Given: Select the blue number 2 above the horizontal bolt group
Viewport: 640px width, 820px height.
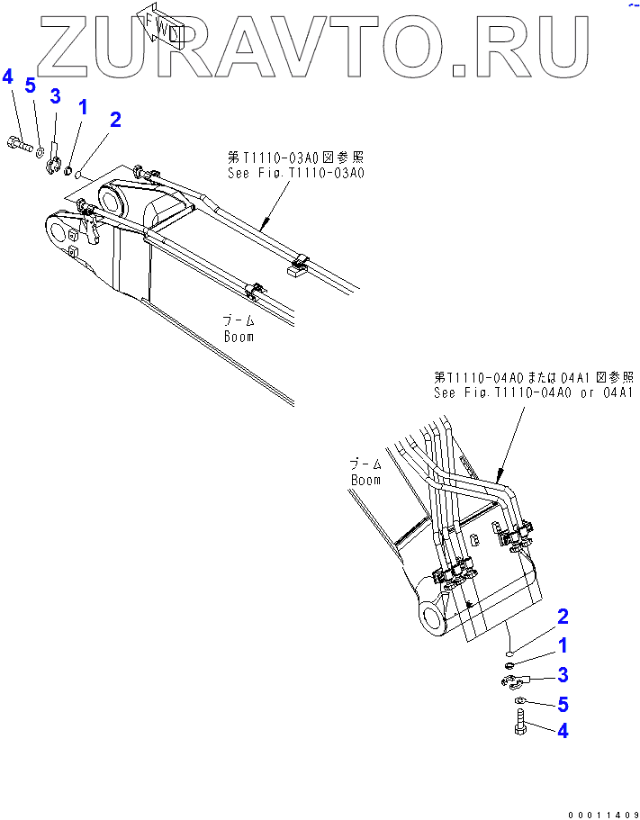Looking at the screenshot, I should (115, 120).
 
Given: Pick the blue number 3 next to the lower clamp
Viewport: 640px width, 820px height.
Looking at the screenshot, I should (563, 674).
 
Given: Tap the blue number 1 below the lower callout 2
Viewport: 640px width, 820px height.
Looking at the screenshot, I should (563, 645).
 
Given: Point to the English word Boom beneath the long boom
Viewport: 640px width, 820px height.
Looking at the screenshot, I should (239, 337).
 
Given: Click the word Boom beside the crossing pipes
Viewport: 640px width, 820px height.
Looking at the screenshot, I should (365, 480).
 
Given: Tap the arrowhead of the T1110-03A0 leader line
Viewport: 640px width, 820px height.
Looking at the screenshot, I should (264, 229).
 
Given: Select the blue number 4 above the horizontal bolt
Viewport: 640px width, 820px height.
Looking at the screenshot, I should (8, 77).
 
